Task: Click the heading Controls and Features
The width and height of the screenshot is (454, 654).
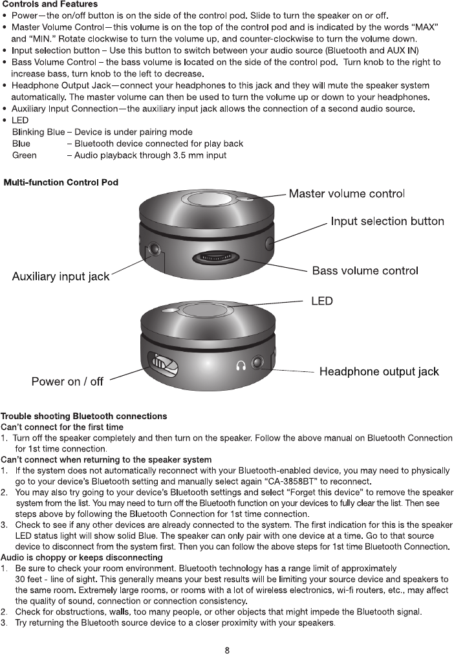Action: [x=50, y=5]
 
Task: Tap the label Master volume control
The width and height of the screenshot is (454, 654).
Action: [x=347, y=193]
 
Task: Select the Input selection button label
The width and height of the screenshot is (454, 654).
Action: [x=387, y=221]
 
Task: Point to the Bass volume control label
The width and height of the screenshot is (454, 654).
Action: [x=365, y=270]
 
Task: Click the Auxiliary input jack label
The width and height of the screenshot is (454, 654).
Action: [x=61, y=277]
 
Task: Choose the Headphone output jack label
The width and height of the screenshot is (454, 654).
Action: [x=379, y=371]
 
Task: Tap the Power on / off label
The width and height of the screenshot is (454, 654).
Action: [x=67, y=382]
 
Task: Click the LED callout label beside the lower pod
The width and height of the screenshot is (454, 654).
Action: [x=322, y=301]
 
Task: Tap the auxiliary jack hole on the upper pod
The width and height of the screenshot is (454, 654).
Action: [x=155, y=248]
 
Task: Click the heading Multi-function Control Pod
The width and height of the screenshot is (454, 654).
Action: [x=61, y=182]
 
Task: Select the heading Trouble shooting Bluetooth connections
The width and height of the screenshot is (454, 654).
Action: [x=84, y=416]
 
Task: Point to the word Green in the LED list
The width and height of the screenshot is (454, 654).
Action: [x=25, y=155]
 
